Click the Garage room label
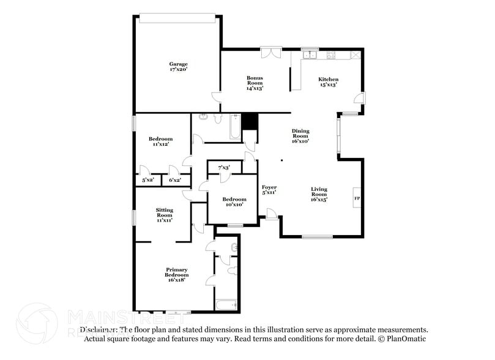point(179,67)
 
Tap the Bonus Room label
point(255,82)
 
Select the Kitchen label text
point(328,82)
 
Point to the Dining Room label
point(300,135)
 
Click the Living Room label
point(319,193)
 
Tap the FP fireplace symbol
point(357,198)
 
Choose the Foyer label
point(269,190)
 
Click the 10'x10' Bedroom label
point(234,202)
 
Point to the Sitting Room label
point(165,214)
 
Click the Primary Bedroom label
point(176,274)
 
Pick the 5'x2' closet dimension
point(148,181)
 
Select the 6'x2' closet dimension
point(175,181)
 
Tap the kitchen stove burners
point(332,55)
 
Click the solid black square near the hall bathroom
point(250,121)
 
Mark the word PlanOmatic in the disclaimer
point(407,339)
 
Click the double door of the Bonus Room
point(270,53)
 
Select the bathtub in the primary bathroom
point(226,304)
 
